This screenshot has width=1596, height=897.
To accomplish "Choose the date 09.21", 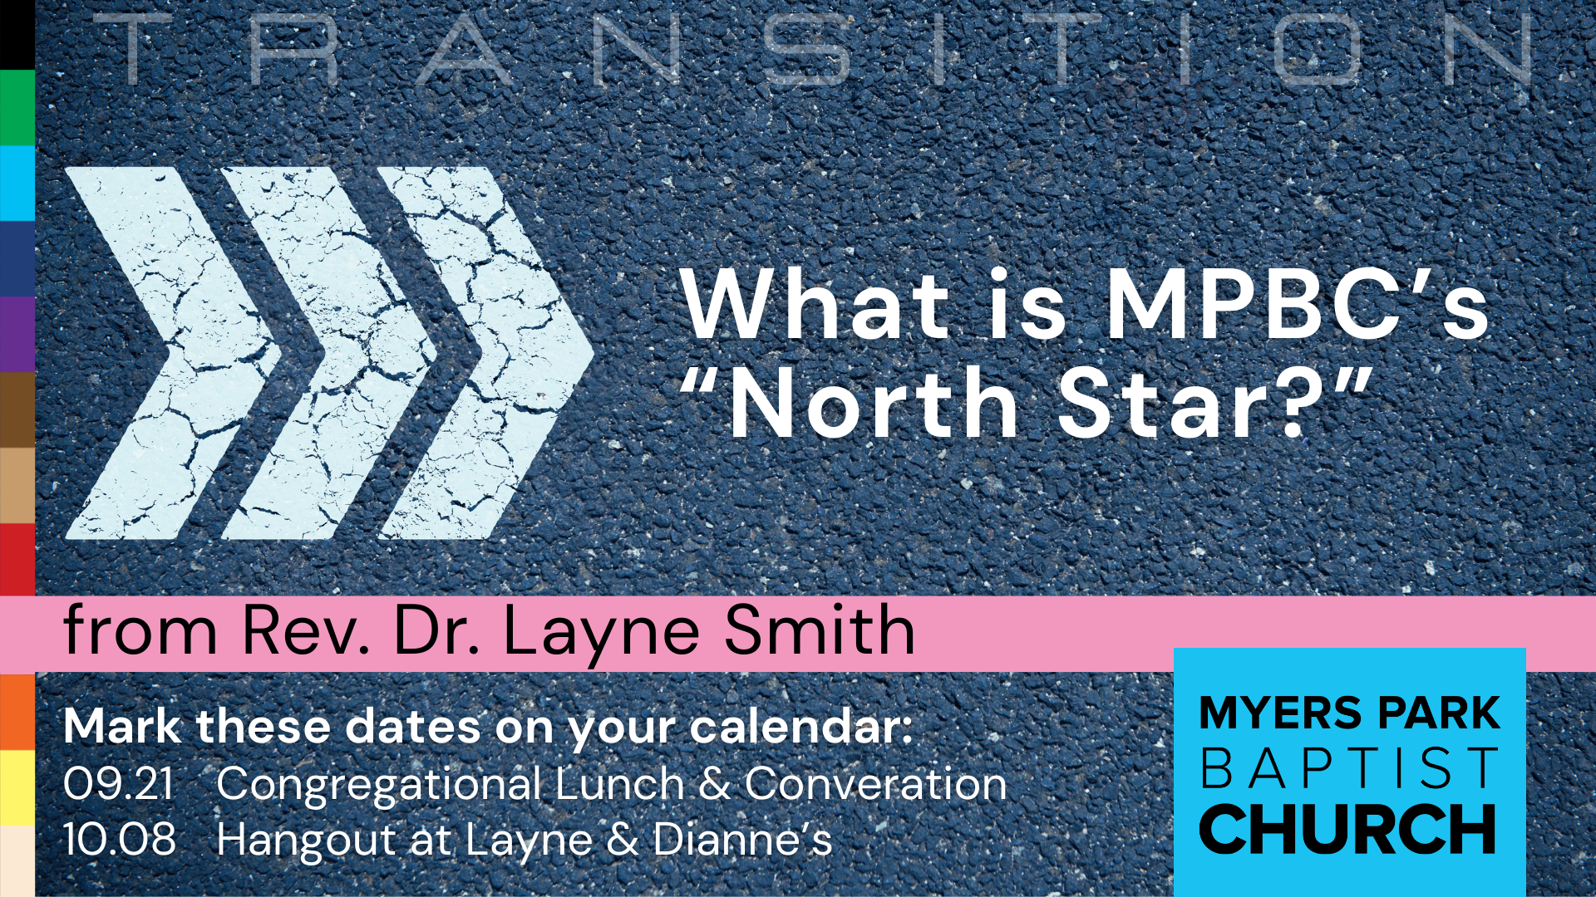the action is pos(119,783).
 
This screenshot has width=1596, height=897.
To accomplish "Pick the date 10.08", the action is pos(119,839).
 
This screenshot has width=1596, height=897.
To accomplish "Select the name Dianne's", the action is pos(742,839).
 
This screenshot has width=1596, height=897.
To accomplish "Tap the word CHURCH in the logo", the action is pos(1347,829).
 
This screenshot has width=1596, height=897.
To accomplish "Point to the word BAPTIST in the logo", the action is pos(1349,768).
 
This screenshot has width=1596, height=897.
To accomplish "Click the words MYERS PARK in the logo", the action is pos(1349,713).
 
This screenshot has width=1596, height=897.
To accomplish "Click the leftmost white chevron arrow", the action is pos(173,353).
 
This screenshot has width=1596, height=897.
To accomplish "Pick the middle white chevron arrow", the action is pos(329,353).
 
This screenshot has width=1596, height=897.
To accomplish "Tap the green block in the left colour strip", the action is pos(17,108).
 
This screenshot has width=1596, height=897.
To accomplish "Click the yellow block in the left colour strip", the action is pos(17,787).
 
